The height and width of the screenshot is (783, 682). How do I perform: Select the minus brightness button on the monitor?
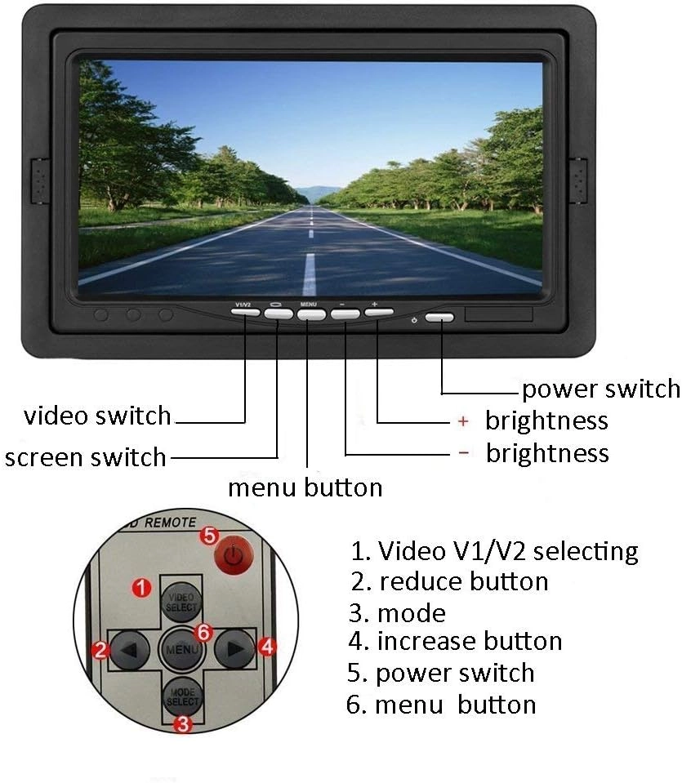pyautogui.click(x=344, y=314)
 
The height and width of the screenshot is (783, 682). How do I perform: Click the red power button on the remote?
pyautogui.click(x=234, y=557)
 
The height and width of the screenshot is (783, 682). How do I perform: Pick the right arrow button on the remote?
pyautogui.click(x=234, y=650)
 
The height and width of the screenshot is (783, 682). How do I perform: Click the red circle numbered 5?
pyautogui.click(x=209, y=536)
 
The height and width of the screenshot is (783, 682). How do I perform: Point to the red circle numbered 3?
pyautogui.click(x=185, y=723)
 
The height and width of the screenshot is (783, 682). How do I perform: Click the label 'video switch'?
pyautogui.click(x=97, y=416)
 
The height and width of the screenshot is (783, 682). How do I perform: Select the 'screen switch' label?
pyautogui.click(x=85, y=457)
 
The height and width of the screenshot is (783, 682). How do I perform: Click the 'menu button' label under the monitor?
pyautogui.click(x=305, y=488)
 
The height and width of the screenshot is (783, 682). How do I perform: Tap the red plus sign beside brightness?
pyautogui.click(x=463, y=421)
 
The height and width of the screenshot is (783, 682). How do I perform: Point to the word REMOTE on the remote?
pyautogui.click(x=169, y=521)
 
